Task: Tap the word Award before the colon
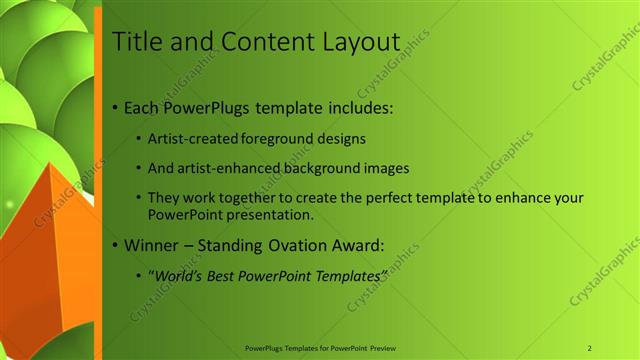point(357,244)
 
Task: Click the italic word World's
point(176,274)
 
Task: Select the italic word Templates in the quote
point(346,274)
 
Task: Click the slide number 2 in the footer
point(589,348)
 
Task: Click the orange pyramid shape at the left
point(55,240)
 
